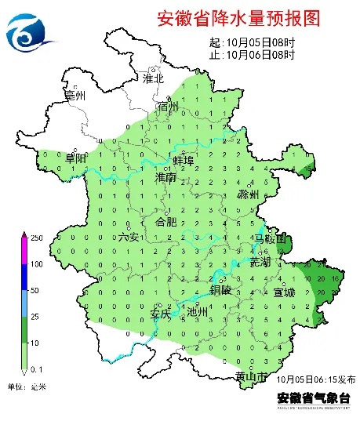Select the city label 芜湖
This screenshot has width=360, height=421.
coord(260,261)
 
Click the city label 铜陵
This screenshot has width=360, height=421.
coord(221,289)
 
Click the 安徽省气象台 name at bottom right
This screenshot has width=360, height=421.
coord(306,397)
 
